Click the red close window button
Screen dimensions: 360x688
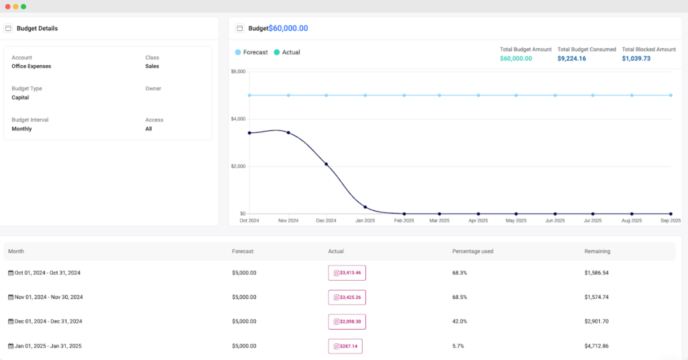tap(7, 6)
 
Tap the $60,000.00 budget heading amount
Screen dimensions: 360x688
tap(288, 28)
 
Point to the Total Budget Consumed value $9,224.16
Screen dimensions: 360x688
tap(572, 58)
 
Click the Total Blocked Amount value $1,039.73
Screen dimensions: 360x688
tap(636, 58)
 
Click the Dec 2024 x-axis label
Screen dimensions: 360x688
tap(327, 220)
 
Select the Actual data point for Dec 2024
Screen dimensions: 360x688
tap(327, 164)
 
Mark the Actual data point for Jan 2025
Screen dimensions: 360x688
tap(365, 207)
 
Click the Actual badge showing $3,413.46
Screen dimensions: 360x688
tap(347, 273)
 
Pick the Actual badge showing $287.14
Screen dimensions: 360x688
tap(345, 346)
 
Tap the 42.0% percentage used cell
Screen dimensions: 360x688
tap(460, 322)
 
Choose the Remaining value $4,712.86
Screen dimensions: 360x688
tap(598, 346)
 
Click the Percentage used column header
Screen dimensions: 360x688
tap(473, 251)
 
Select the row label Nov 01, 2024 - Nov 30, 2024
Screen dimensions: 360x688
tap(47, 297)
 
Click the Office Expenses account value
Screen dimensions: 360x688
tap(32, 66)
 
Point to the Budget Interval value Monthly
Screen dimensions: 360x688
tap(21, 129)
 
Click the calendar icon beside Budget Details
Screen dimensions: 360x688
tap(8, 28)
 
